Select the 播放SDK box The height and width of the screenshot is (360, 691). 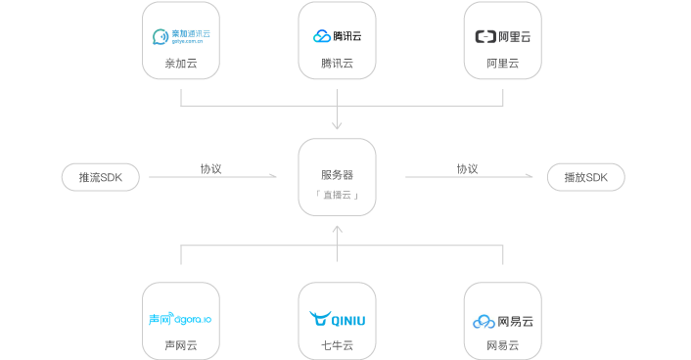(585, 177)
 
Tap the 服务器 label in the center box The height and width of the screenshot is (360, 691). (337, 175)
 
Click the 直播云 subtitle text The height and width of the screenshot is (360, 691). (337, 196)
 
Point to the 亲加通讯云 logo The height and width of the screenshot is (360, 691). (181, 37)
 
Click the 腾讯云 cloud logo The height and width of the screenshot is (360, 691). (337, 36)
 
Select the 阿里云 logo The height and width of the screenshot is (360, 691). (502, 37)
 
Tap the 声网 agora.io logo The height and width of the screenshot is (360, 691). (180, 319)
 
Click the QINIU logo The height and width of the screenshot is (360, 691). (337, 319)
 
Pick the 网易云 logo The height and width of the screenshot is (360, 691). (502, 320)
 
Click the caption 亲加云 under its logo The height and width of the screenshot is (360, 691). (181, 64)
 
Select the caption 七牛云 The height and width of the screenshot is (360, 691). (337, 345)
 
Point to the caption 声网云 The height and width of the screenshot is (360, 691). (180, 345)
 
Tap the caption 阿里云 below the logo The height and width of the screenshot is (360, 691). (502, 64)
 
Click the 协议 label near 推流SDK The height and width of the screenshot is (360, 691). (211, 168)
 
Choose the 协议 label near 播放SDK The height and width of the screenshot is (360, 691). (467, 168)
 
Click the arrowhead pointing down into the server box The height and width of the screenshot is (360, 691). (337, 125)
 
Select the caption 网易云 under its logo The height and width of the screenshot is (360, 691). (502, 345)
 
